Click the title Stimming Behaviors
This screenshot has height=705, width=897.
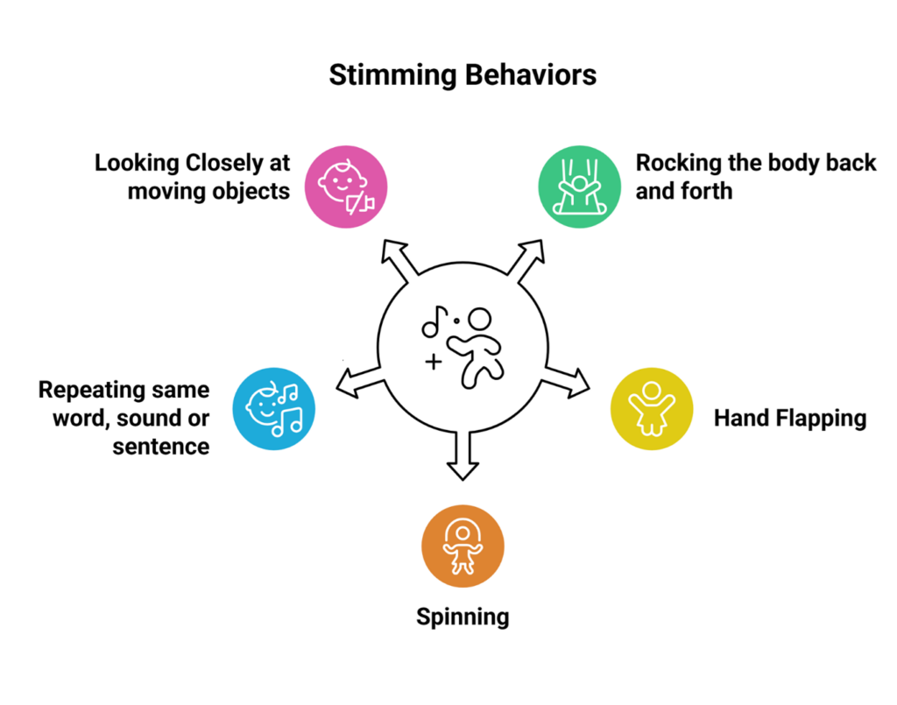(463, 75)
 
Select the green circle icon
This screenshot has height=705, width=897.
(576, 186)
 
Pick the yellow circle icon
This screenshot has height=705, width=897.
(651, 409)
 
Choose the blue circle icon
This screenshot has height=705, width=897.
(273, 409)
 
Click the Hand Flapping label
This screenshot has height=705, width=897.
(789, 418)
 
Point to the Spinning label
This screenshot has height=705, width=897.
(463, 617)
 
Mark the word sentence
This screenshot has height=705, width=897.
(160, 446)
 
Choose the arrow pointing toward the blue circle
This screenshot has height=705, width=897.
(357, 379)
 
